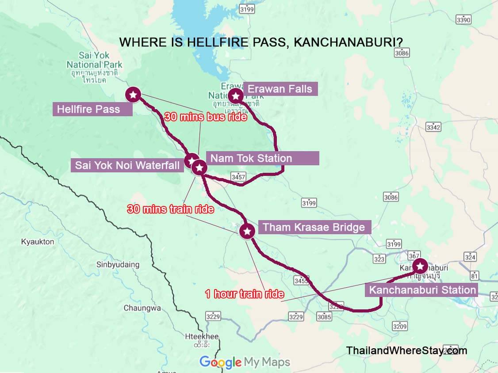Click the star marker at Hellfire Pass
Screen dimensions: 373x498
[133, 94]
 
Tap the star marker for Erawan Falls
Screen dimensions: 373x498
[236, 95]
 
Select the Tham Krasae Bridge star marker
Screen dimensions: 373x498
[247, 231]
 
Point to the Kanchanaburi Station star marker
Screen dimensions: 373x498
[419, 266]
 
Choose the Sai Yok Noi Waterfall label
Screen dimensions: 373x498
[127, 166]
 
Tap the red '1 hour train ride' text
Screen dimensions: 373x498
[244, 294]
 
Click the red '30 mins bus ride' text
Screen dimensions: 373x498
[205, 117]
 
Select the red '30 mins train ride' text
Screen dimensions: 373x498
[170, 209]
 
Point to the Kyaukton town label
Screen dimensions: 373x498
[38, 242]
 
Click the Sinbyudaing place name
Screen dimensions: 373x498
[118, 265]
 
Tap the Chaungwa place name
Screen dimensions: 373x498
[142, 308]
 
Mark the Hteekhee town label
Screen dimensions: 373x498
[202, 337]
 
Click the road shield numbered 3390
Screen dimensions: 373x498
[464, 20]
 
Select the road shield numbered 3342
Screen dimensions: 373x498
[433, 127]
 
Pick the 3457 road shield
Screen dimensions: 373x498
[238, 177]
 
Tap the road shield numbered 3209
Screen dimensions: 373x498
[399, 326]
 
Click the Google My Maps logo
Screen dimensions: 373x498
[245, 362]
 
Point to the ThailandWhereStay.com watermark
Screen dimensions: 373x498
[406, 350]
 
